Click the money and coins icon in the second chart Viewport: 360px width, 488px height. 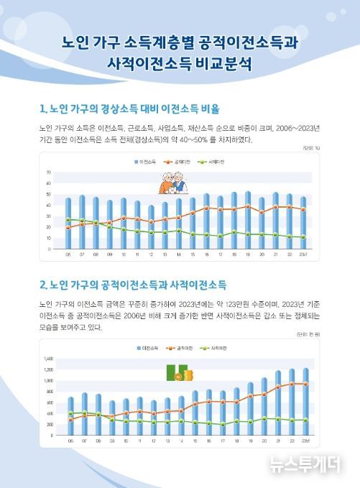177,374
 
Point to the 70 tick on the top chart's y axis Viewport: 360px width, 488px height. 49,173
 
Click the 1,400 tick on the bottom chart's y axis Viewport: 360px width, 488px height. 49,358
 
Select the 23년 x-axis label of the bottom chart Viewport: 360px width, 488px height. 306,440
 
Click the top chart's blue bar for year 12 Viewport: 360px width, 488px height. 151,226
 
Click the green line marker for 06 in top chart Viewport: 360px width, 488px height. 69,219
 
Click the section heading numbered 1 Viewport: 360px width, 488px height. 129,110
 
